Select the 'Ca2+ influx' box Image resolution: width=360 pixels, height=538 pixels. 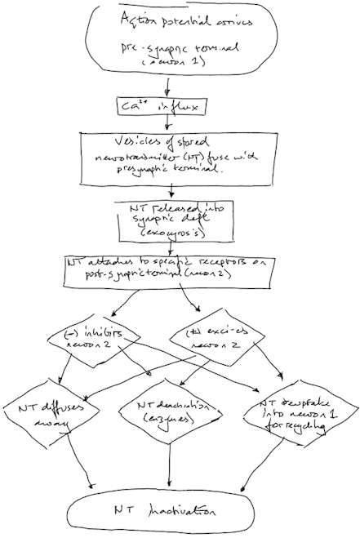pos(167,106)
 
